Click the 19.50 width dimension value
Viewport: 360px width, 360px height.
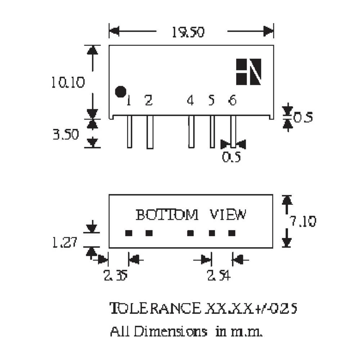click(188, 32)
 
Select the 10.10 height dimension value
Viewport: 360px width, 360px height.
click(67, 83)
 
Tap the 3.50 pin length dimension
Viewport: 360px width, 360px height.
click(66, 135)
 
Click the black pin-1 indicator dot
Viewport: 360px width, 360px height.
click(120, 92)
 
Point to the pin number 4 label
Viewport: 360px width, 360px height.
click(190, 101)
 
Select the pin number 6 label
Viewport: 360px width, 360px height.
click(233, 101)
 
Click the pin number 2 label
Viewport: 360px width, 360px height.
click(149, 101)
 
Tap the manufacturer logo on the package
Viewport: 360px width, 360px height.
click(248, 72)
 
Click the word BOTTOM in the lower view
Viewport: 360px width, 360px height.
click(167, 215)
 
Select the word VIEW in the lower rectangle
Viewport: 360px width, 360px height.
click(228, 215)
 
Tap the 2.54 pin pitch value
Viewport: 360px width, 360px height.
click(218, 276)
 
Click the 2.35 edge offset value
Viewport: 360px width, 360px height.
click(116, 276)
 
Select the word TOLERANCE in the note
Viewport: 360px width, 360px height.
click(155, 309)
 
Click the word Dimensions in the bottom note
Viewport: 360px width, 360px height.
click(171, 331)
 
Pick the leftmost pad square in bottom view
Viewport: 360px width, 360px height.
click(129, 233)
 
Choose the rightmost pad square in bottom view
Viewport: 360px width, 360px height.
click(232, 233)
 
